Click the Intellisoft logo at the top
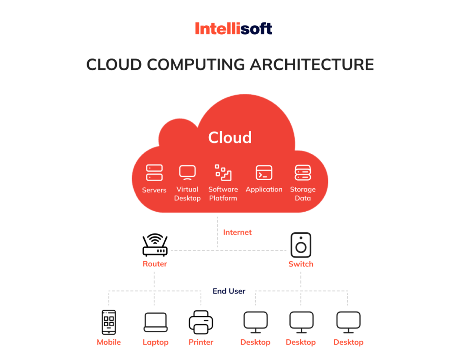tap(234, 29)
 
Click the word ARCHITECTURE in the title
tap(312, 64)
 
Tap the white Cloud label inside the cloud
tap(230, 138)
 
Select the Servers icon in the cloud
tap(154, 173)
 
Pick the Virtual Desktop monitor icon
tap(187, 173)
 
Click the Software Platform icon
tap(223, 173)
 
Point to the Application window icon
tap(264, 173)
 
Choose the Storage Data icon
tap(303, 173)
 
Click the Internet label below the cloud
tap(237, 232)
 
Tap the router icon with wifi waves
tap(155, 245)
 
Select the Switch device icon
tap(301, 245)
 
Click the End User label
tap(229, 291)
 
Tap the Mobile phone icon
tap(109, 322)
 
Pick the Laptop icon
tap(155, 322)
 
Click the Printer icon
tap(201, 322)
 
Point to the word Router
tap(155, 264)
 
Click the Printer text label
tap(201, 342)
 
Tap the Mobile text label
tap(109, 342)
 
